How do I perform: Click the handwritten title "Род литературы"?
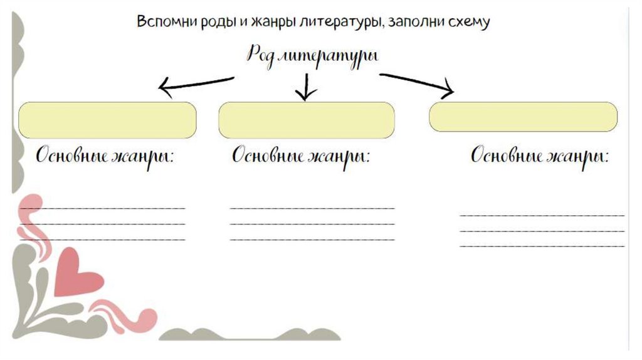[312, 55]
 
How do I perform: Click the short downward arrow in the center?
[306, 87]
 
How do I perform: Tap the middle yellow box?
[306, 119]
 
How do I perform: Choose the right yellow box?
[523, 117]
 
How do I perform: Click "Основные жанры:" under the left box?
[105, 156]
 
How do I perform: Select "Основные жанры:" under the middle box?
[300, 156]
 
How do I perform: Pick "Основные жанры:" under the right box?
[540, 156]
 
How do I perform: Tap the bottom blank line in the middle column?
[312, 239]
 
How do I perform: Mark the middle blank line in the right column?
[542, 230]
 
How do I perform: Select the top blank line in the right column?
[542, 215]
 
